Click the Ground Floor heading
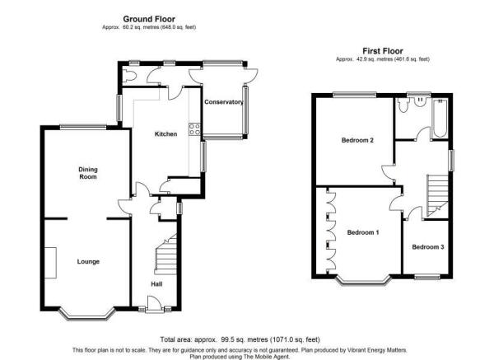coord(149,19)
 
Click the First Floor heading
coord(383,51)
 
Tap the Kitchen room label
coord(166,134)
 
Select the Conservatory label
coord(224,102)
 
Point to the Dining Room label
coord(88,173)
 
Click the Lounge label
coord(88,261)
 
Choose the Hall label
coord(156,284)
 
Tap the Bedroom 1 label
coord(363,232)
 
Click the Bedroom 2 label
coord(357,140)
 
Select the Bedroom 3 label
coord(428,246)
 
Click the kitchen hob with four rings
coord(194,129)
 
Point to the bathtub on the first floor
coord(440,119)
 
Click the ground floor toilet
coord(128,75)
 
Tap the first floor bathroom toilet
coord(403,105)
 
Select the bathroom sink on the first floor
coord(419,102)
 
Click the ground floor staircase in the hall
coord(165,255)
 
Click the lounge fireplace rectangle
coord(50,263)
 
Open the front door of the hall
coord(154,304)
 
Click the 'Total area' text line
coord(240,339)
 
